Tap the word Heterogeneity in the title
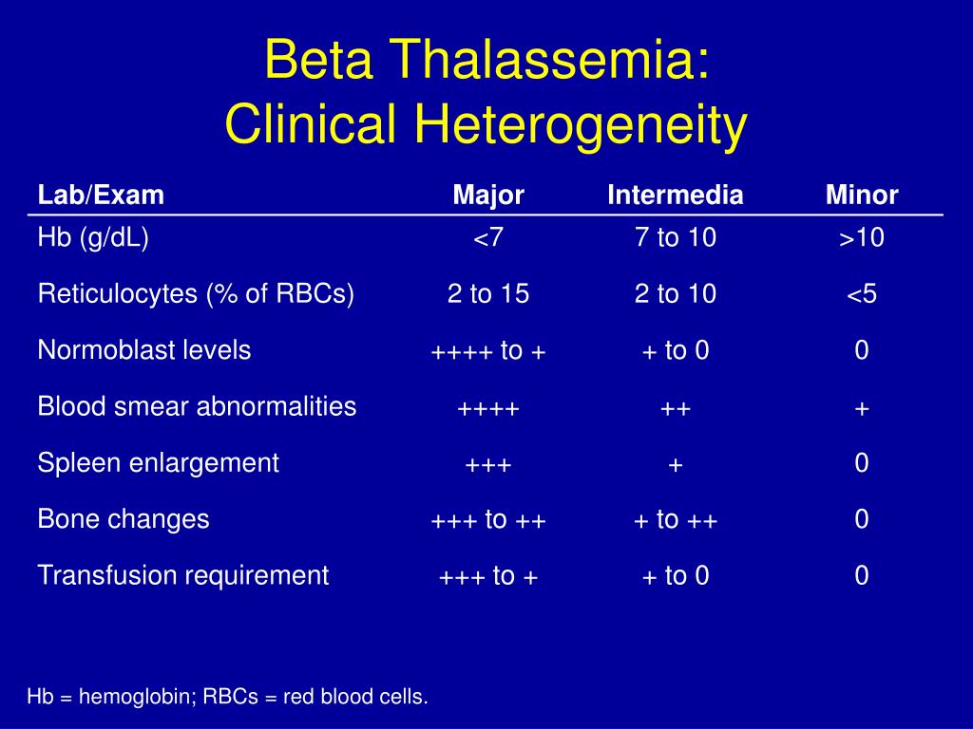coord(581,125)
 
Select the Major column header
coord(488,196)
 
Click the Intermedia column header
coord(676,195)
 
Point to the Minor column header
coord(862,195)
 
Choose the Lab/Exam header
coord(101,196)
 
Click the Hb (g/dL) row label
coord(93,237)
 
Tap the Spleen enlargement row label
coord(159,463)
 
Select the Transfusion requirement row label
coord(183,575)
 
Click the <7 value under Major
coord(488,238)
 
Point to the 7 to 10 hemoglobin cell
coord(676,237)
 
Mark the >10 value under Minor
coord(862,238)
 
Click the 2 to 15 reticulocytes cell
coord(488,294)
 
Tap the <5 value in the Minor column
coord(862,294)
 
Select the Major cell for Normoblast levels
coord(488,351)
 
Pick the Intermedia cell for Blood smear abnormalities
coord(676,409)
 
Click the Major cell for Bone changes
coord(488,519)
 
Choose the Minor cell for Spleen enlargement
coord(862,463)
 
